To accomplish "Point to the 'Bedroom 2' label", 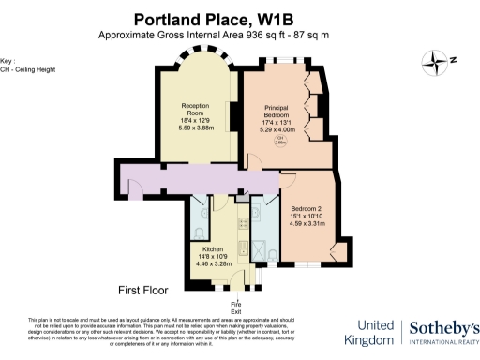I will pos(307,208).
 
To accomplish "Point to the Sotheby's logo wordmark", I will pos(444,329).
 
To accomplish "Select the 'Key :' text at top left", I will pos(8,59).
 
